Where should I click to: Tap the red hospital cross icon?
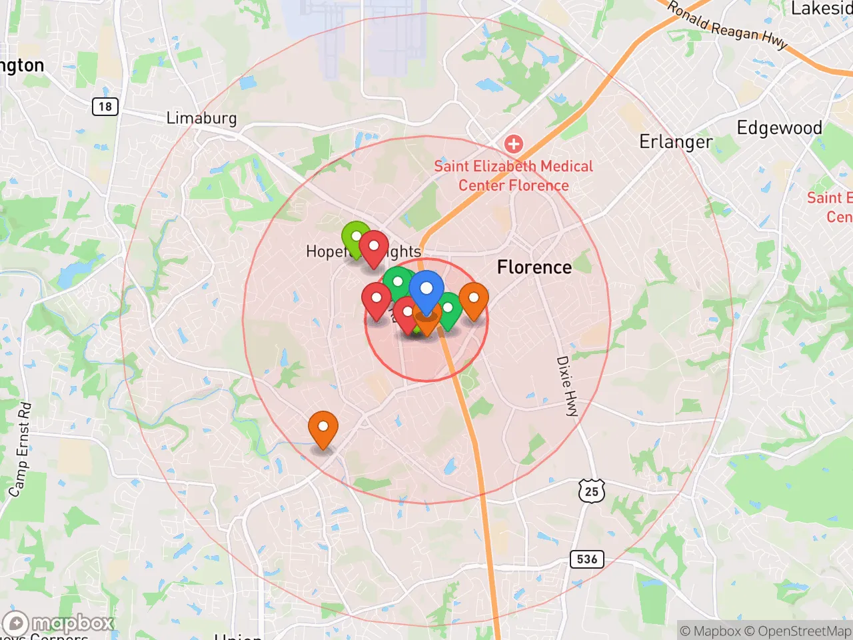click(513, 143)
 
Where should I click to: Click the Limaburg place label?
click(201, 119)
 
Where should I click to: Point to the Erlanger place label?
click(676, 142)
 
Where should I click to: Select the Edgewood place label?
click(779, 128)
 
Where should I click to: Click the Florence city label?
click(534, 267)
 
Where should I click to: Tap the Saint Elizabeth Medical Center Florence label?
click(513, 176)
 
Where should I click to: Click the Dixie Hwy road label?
click(567, 386)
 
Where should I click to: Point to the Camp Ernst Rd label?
click(20, 449)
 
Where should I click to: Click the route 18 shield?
click(105, 107)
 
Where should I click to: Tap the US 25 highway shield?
click(592, 491)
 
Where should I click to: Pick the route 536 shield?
click(587, 559)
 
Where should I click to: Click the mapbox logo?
click(60, 624)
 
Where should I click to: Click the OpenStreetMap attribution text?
click(797, 631)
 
